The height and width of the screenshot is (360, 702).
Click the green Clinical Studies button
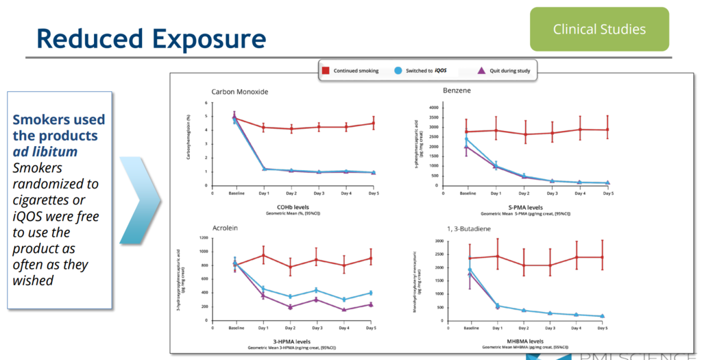click(599, 29)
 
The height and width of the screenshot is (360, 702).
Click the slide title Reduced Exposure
click(151, 38)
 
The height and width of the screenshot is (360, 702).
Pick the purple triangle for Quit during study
click(481, 71)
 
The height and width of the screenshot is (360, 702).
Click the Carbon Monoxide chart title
click(240, 91)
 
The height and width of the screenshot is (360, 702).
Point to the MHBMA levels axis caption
click(525, 341)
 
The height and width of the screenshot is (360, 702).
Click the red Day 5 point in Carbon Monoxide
click(374, 123)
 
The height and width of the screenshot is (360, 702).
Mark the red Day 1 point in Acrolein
click(263, 255)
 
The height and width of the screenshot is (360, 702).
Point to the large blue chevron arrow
click(141, 200)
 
